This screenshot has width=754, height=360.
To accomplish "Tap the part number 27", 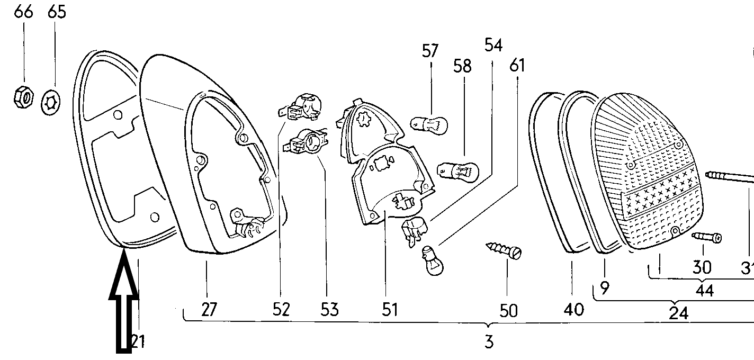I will click(x=209, y=309).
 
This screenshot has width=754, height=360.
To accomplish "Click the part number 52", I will click(x=281, y=309).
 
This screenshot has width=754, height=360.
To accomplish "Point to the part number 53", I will click(x=329, y=309).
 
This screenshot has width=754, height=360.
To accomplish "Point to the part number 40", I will click(x=574, y=309).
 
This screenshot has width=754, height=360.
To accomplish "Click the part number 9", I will click(x=605, y=288).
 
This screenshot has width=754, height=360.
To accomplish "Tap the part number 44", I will click(x=704, y=290).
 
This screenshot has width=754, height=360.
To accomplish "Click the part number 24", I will click(x=678, y=313).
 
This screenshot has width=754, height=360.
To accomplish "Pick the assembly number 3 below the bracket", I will click(x=489, y=341).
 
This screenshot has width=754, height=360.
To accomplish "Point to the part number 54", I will click(x=493, y=45).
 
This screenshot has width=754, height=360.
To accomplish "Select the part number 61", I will click(x=517, y=66).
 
